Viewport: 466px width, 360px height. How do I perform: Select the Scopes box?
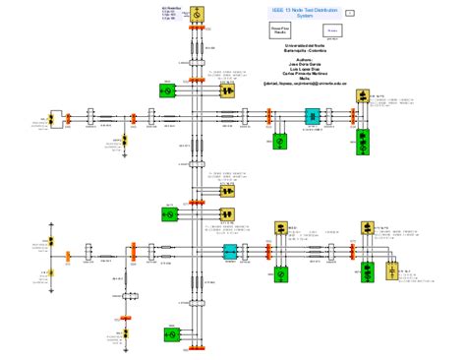coord(332,31)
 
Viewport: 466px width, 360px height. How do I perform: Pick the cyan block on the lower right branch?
coord(231,253)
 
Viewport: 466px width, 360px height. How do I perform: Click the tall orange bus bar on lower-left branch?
coord(69,257)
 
